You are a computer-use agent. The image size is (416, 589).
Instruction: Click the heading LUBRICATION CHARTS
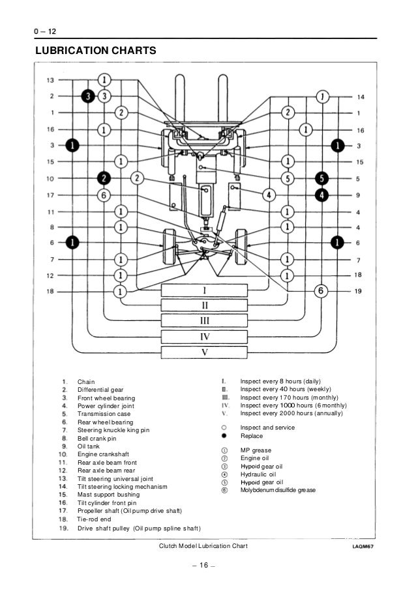[x=96, y=49]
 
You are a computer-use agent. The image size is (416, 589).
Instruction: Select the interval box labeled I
[x=203, y=290]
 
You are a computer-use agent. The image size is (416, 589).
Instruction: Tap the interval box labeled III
[x=203, y=320]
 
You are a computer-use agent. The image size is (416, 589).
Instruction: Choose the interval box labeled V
[x=203, y=351]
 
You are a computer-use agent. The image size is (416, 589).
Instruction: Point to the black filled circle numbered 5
[x=321, y=178]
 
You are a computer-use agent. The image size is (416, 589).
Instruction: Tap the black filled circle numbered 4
[x=321, y=194]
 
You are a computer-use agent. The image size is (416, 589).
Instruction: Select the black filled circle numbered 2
[x=104, y=178]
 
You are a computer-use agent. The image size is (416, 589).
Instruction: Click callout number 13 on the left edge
[x=50, y=80]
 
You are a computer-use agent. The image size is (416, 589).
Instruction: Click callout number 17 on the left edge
[x=50, y=195]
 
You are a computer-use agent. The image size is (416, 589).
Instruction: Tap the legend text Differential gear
[x=100, y=389]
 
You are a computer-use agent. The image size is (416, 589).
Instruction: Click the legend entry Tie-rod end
[x=95, y=519]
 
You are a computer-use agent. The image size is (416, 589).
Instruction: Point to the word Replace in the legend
[x=251, y=436]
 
